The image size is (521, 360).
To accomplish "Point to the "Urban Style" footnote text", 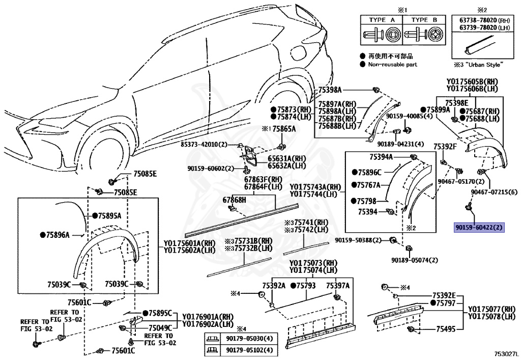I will point(478,64).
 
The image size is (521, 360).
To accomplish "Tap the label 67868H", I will point(234,200).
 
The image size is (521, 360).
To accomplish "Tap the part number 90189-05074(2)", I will point(414,260).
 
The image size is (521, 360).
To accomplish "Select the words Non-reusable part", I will point(392,65).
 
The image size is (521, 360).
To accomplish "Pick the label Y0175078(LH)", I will point(491,316).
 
